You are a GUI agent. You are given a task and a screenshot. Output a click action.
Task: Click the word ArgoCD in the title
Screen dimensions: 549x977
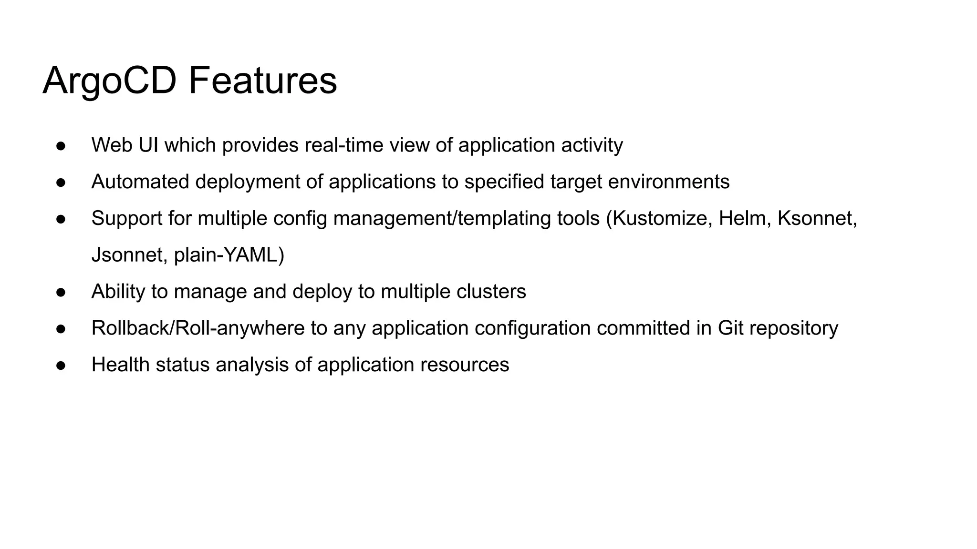110,81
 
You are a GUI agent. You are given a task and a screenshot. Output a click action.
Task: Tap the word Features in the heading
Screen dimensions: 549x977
263,81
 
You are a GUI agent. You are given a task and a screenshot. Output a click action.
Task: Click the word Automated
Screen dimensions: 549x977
140,182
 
